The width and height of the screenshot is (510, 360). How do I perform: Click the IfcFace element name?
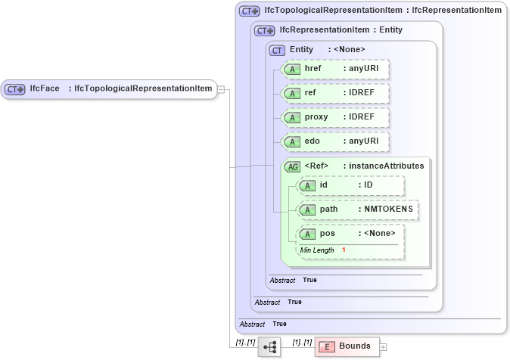click(x=45, y=89)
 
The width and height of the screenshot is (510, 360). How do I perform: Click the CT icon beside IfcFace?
click(x=15, y=89)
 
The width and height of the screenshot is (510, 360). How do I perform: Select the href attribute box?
click(x=334, y=69)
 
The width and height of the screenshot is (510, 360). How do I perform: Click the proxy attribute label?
click(x=316, y=118)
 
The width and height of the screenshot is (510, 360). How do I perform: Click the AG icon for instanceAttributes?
click(x=292, y=166)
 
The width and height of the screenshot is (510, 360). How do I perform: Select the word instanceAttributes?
click(x=386, y=166)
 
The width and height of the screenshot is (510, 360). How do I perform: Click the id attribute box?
click(x=351, y=185)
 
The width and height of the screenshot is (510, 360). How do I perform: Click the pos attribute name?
click(x=327, y=234)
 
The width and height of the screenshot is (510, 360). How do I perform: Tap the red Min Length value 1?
click(x=344, y=250)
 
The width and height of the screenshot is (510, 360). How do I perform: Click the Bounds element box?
click(x=346, y=346)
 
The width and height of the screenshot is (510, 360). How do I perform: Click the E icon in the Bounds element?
click(x=328, y=347)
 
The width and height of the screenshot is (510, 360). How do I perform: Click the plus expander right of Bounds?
click(x=383, y=347)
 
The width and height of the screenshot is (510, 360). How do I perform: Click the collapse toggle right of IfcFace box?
click(x=220, y=89)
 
